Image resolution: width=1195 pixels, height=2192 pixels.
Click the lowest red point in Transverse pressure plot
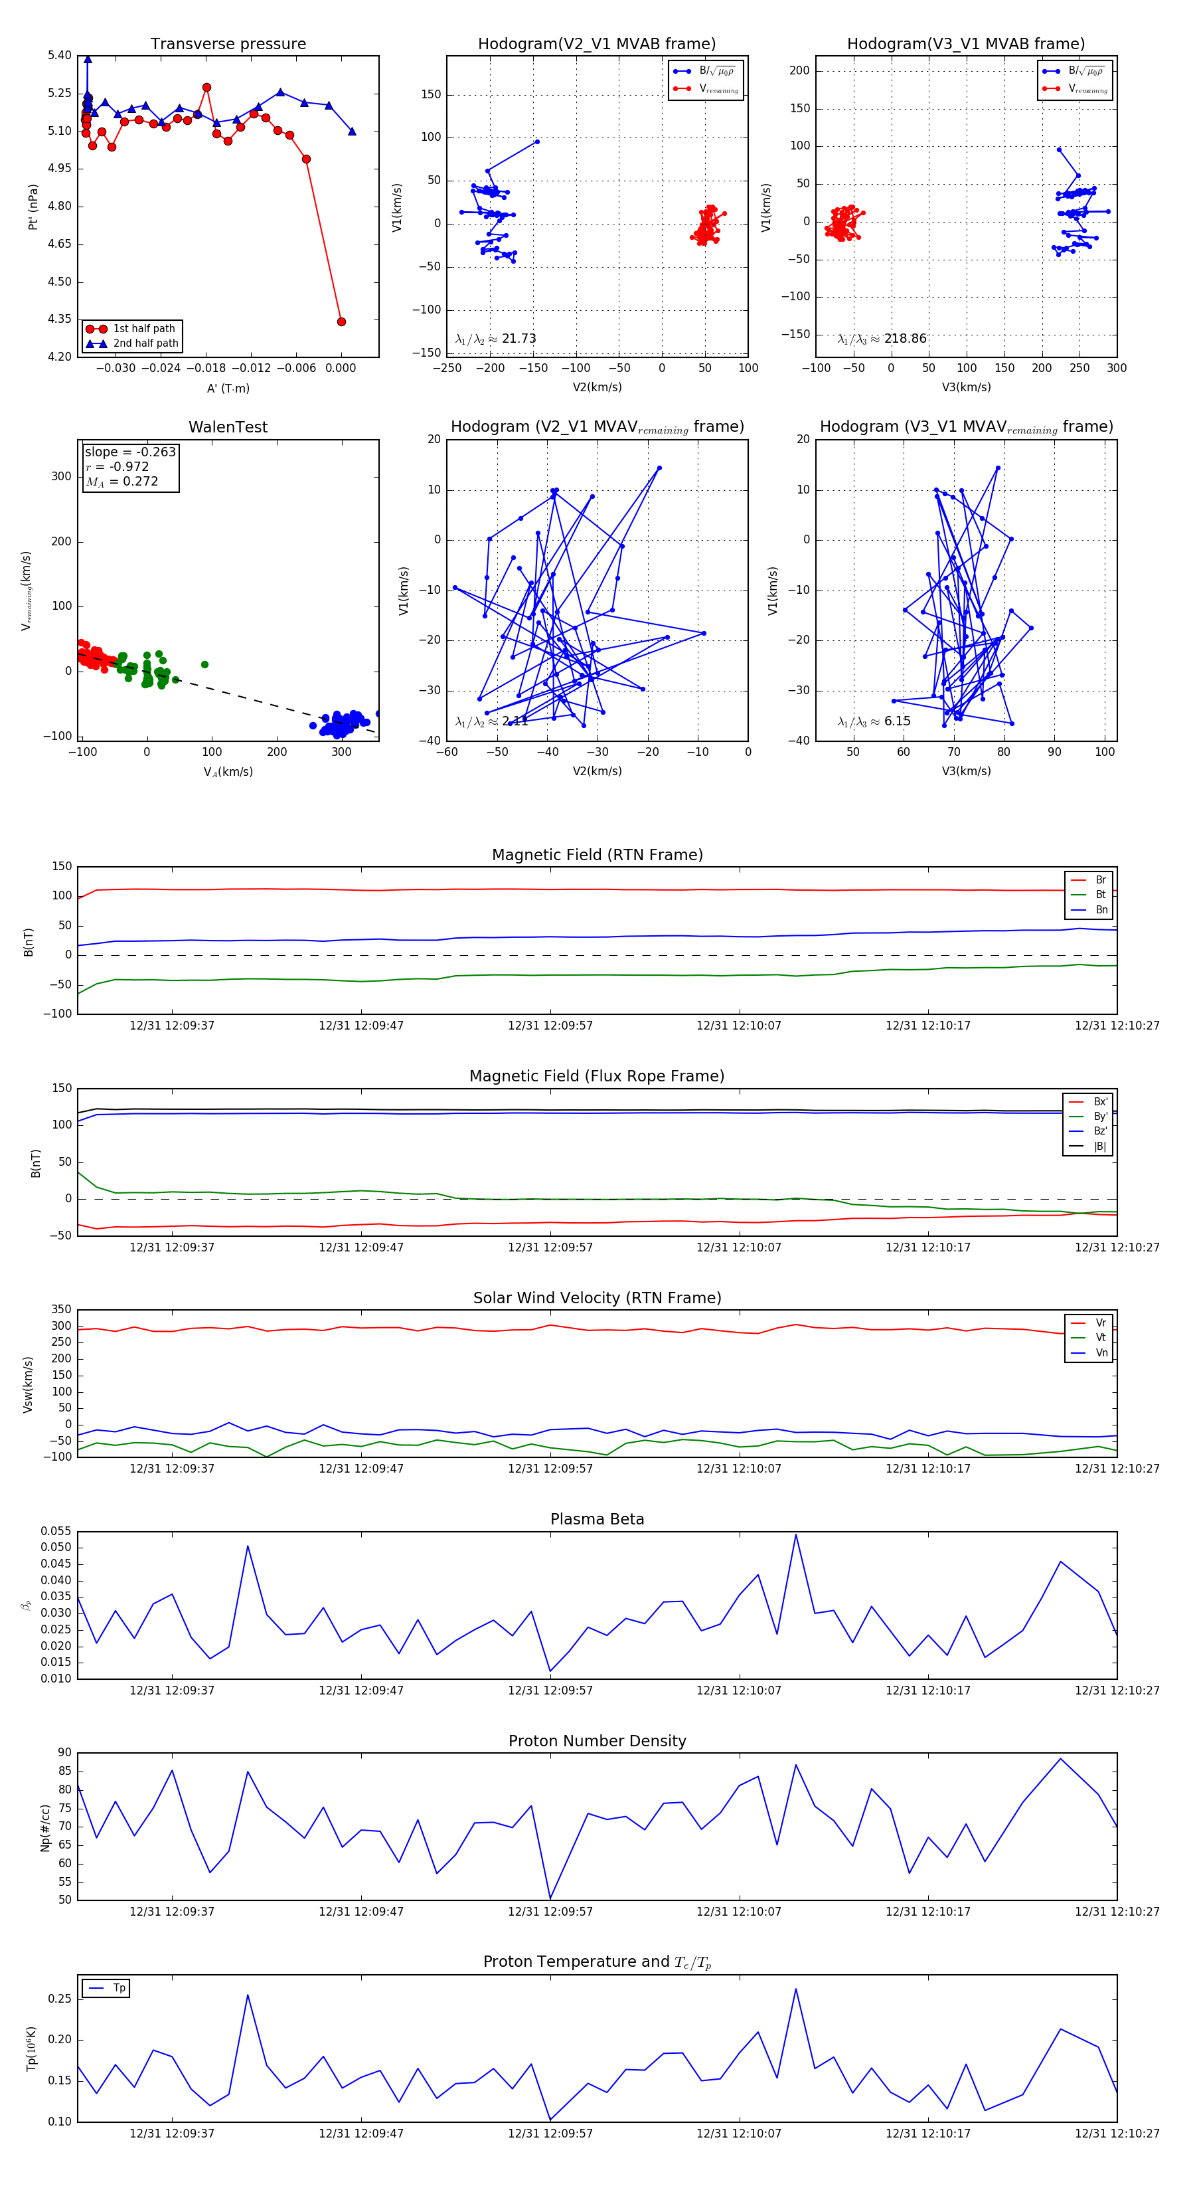[x=341, y=321]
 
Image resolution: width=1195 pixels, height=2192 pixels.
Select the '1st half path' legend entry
[x=143, y=328]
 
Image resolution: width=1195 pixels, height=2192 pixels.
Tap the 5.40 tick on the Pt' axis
[x=60, y=55]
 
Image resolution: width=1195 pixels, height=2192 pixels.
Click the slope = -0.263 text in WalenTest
[x=130, y=452]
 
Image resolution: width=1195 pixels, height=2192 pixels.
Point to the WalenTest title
[x=228, y=427]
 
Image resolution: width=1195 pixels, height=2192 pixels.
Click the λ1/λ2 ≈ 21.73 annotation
[x=496, y=339]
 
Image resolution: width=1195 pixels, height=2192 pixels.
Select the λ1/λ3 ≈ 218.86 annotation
[x=882, y=339]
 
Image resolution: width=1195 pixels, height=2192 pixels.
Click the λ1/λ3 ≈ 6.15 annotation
[x=874, y=721]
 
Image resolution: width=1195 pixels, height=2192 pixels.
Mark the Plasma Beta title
[x=597, y=1520]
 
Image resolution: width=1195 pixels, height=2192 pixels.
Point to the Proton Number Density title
[x=597, y=1741]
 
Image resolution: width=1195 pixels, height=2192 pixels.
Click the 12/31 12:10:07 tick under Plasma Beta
[x=738, y=1690]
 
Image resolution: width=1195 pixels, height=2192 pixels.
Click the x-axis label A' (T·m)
[x=228, y=388]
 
